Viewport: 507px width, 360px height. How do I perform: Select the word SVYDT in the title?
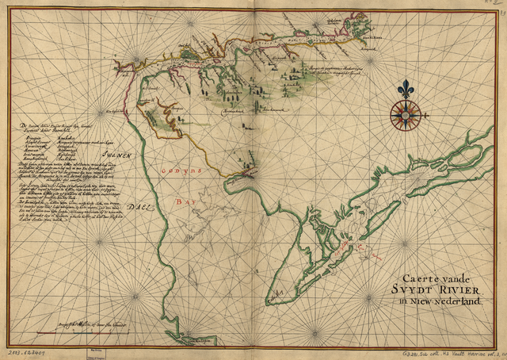[415, 289]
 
